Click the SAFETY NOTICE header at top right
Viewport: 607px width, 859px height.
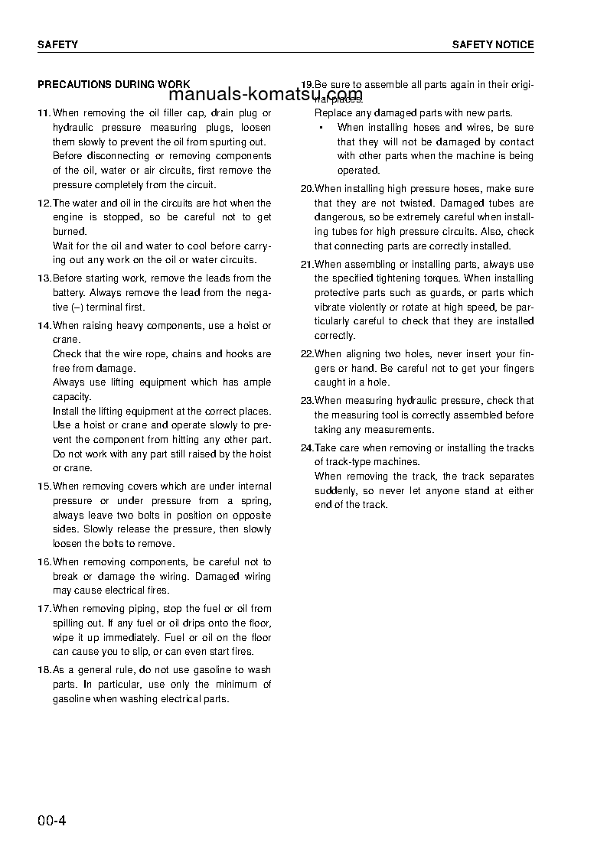492,45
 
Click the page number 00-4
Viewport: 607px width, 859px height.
52,822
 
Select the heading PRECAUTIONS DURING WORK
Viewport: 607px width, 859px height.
114,85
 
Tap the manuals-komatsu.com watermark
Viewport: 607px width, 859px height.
265,95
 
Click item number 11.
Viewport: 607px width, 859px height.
44,112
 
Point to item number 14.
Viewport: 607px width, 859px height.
44,326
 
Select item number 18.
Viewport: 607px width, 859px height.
44,670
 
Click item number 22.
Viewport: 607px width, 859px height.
307,353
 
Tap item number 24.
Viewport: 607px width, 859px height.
307,448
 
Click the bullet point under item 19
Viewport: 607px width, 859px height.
321,128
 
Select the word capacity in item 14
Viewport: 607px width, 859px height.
71,397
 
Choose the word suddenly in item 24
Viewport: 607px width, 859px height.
335,490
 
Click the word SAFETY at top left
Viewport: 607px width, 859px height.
57,45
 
